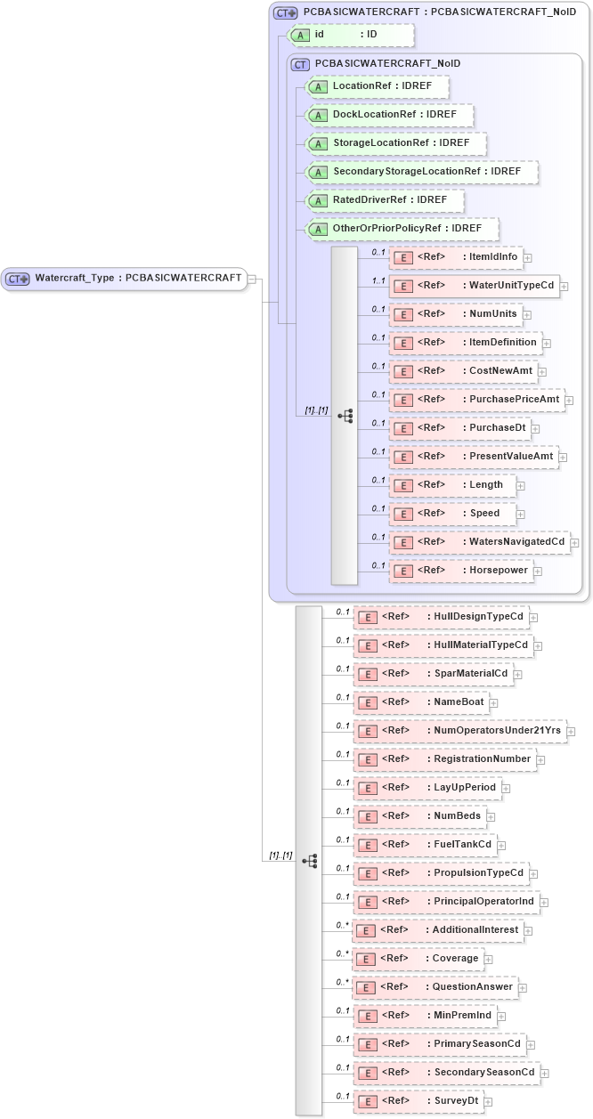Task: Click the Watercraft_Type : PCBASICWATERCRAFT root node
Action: (124, 278)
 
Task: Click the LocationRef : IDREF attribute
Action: (376, 86)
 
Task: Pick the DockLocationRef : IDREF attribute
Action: (388, 115)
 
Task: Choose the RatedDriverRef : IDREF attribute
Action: (384, 200)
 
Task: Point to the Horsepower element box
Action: (460, 571)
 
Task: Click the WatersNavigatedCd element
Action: (479, 542)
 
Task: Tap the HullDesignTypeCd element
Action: (441, 617)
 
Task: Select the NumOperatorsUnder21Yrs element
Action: (459, 731)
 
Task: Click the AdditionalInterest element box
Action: (437, 930)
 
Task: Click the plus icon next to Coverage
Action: (489, 960)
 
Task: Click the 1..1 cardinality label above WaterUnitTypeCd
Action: (378, 280)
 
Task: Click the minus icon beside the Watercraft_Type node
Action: (253, 279)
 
